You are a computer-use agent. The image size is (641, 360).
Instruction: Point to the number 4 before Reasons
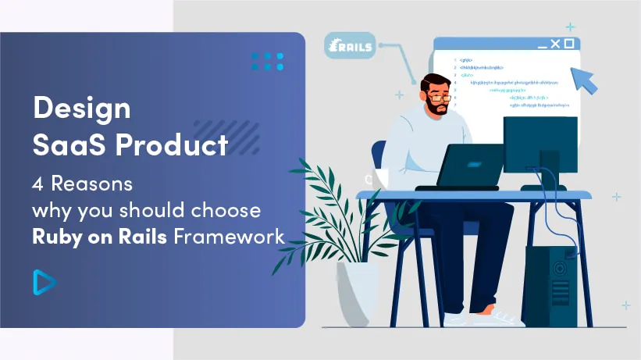(x=37, y=186)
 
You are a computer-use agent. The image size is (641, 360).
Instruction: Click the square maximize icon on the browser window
(x=569, y=44)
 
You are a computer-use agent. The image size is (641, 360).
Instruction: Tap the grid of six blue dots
(x=268, y=62)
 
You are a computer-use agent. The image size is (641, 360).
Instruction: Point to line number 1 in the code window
(x=455, y=59)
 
